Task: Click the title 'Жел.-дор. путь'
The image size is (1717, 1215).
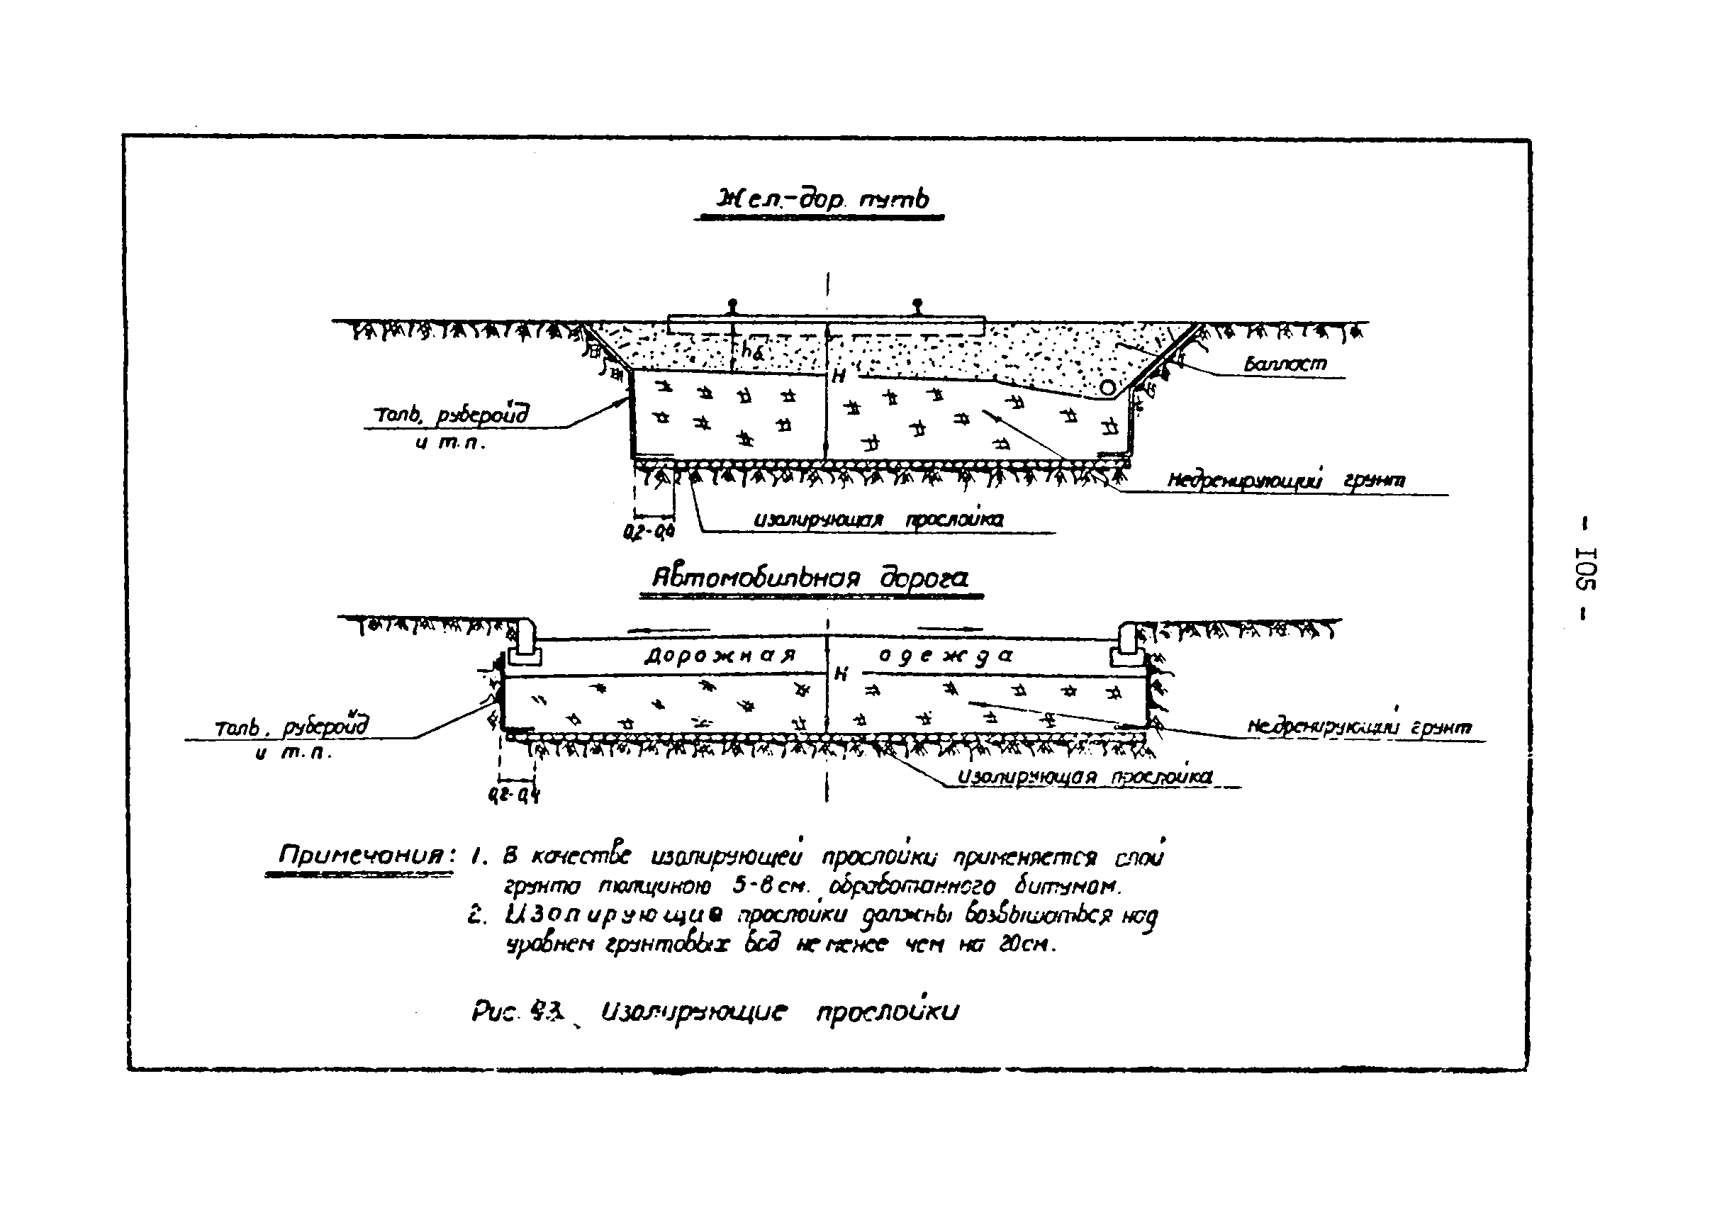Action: (822, 199)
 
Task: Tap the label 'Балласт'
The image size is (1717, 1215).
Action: (1285, 364)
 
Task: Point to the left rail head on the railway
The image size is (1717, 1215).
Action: (732, 305)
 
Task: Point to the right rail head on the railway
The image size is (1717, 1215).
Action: (917, 305)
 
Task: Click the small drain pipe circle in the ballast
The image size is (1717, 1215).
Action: (1107, 387)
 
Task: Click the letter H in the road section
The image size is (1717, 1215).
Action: (841, 674)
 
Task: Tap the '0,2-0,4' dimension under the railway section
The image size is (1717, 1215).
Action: (649, 531)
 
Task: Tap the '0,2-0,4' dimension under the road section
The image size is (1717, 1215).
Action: (513, 795)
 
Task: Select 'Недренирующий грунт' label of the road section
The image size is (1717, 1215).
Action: (1358, 727)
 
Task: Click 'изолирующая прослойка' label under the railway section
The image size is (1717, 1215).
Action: (878, 519)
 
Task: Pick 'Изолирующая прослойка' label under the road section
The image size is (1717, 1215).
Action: (1084, 778)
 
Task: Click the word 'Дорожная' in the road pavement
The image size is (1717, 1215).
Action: (720, 656)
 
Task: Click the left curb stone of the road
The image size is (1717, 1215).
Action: (525, 644)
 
